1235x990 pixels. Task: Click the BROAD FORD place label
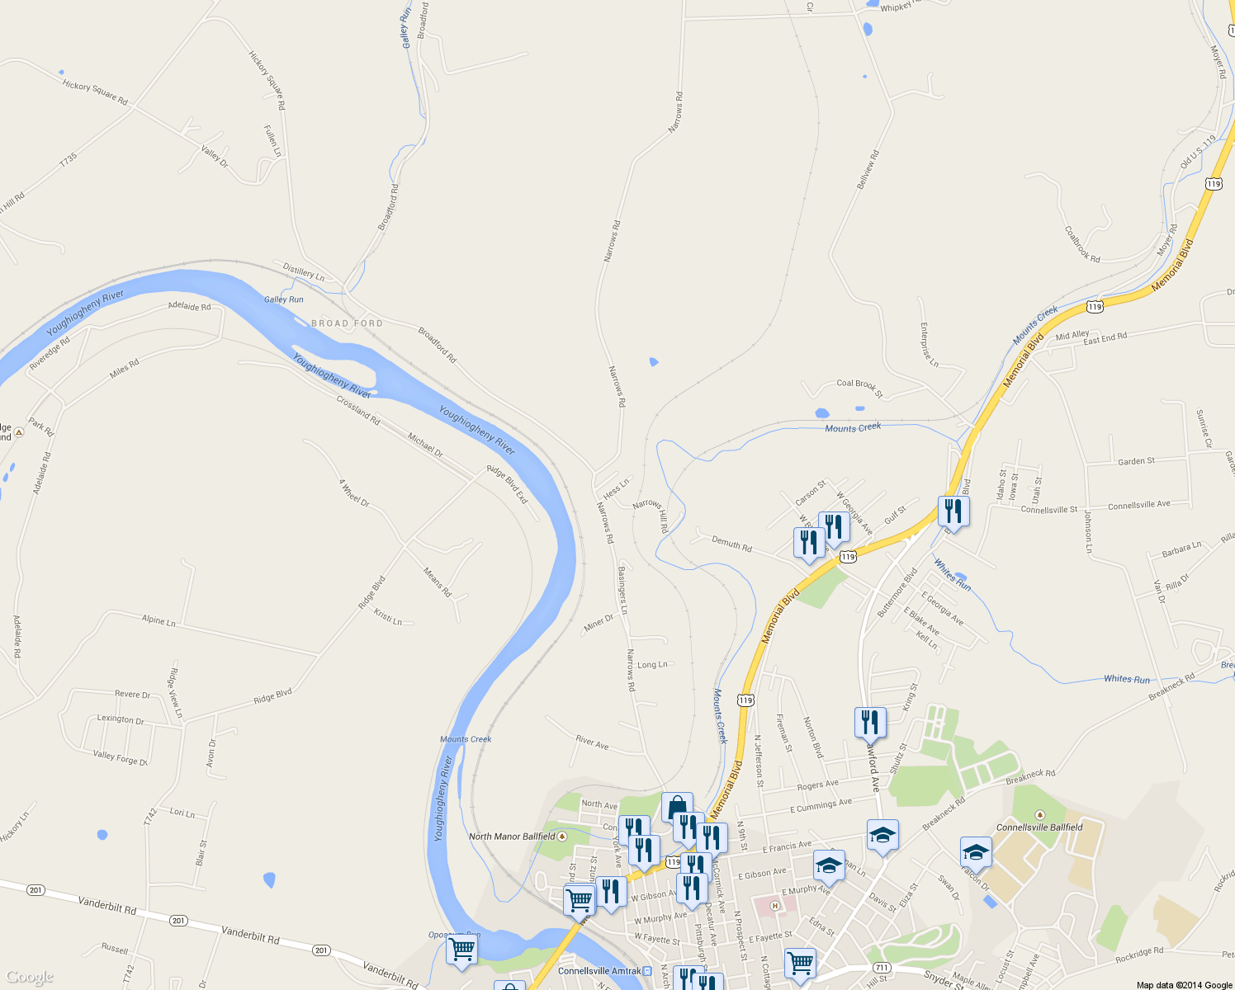point(347,323)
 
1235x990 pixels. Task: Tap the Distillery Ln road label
point(304,271)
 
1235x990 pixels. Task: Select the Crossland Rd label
point(358,410)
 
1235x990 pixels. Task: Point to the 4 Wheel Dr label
point(354,493)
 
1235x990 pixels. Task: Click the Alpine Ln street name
point(159,620)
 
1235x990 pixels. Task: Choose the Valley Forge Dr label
point(121,757)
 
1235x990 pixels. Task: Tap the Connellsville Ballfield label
point(1039,827)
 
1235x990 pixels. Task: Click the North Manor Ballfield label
point(513,837)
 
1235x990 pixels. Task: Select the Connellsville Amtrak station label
point(599,971)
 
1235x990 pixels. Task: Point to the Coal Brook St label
point(859,388)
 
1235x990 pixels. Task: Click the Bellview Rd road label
point(868,170)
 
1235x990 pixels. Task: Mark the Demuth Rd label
point(731,544)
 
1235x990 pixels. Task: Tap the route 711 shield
point(882,967)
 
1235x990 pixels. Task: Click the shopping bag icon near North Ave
point(677,806)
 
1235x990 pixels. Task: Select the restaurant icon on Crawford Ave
point(870,722)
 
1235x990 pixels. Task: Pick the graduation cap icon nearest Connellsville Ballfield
point(976,851)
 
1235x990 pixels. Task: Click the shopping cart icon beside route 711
point(800,962)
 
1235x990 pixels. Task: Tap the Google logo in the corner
point(30,978)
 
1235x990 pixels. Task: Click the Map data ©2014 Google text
point(1184,985)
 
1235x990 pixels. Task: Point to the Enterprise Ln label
point(929,344)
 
